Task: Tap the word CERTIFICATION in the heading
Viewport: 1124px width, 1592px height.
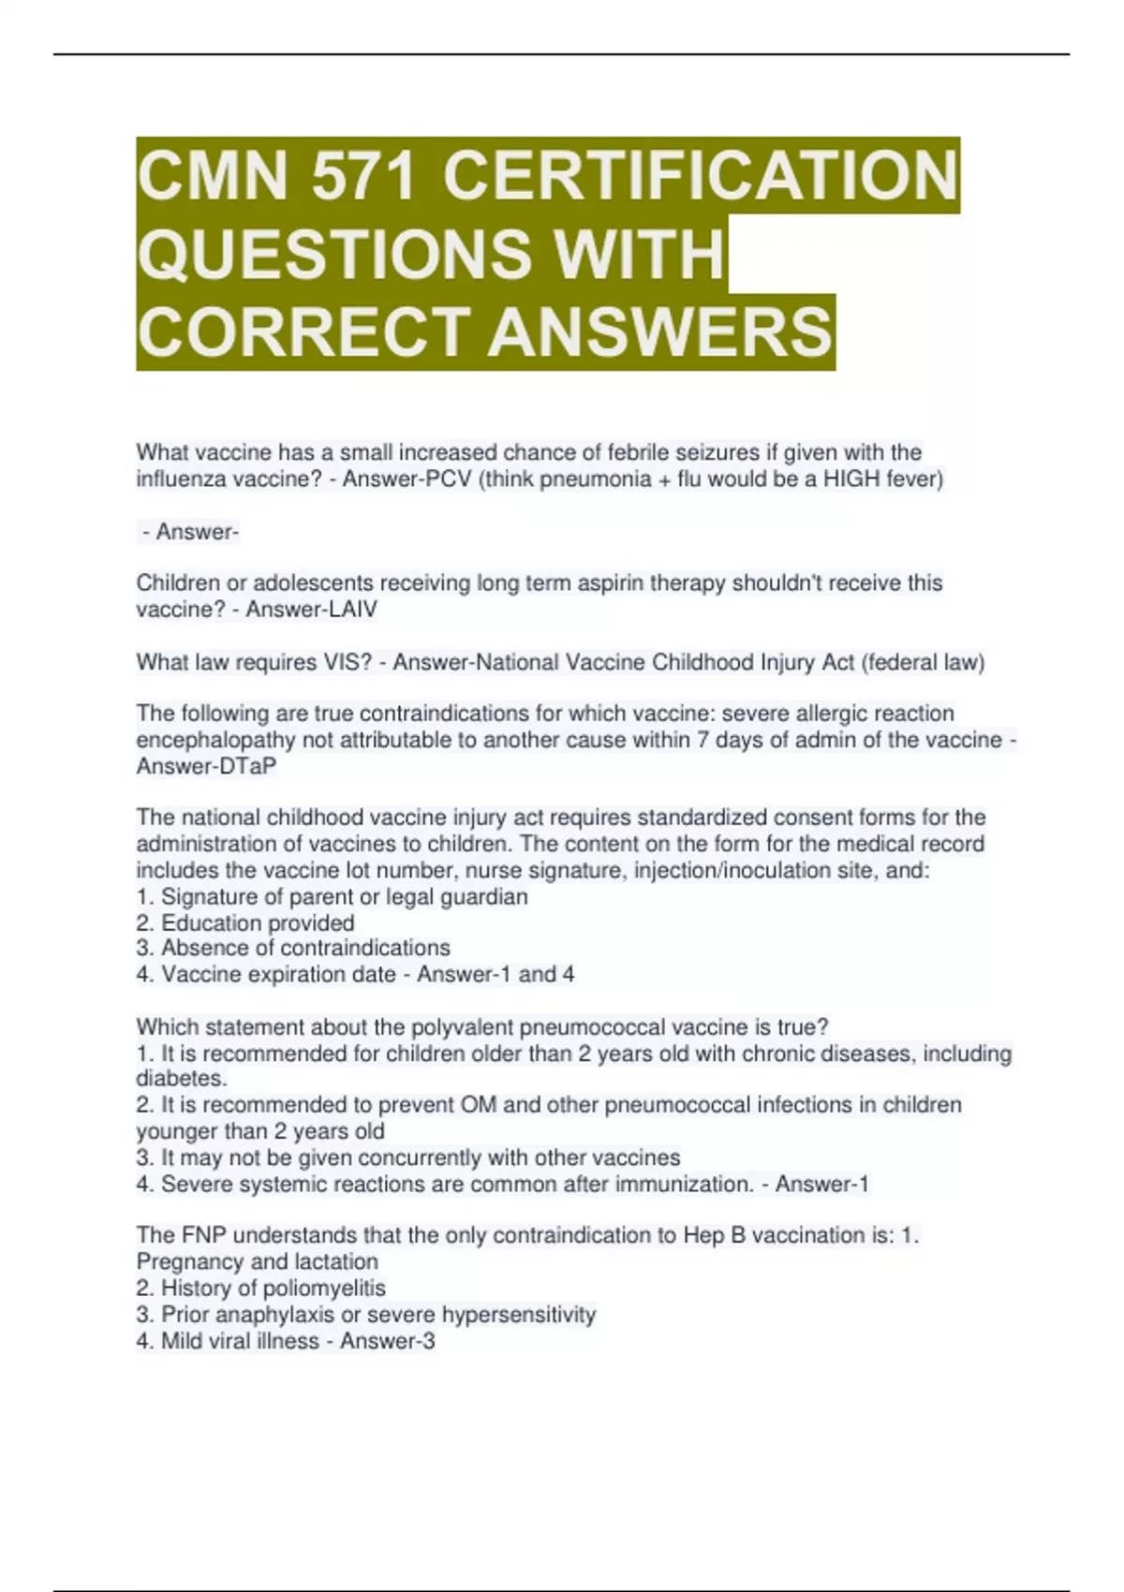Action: [700, 176]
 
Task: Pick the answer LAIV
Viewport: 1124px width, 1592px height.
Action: [348, 610]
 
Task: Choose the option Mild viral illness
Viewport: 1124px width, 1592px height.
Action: [240, 1341]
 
